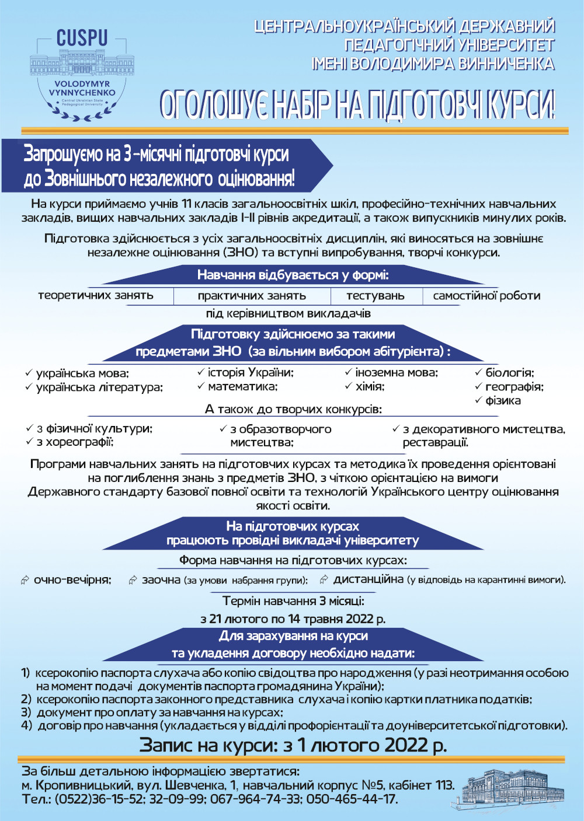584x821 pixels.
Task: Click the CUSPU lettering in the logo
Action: [x=82, y=39]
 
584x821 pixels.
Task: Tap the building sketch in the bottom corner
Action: [x=506, y=788]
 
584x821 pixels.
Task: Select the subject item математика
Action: [x=242, y=386]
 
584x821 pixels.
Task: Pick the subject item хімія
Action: [x=370, y=386]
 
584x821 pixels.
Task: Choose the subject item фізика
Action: [x=503, y=400]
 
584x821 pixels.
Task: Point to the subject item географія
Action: [x=514, y=386]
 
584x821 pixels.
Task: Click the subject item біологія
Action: [x=509, y=372]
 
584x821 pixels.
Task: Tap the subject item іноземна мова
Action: [x=397, y=372]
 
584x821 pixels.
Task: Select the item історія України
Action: [x=251, y=372]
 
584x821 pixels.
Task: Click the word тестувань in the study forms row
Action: [x=375, y=296]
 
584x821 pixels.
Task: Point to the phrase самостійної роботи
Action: [x=486, y=296]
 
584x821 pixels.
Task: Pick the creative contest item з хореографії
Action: [x=75, y=442]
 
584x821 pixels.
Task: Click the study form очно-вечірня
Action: [x=72, y=579]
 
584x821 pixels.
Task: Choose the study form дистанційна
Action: [x=368, y=579]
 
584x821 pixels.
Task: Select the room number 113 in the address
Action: [x=444, y=785]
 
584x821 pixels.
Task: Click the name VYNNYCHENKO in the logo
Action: [x=82, y=93]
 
